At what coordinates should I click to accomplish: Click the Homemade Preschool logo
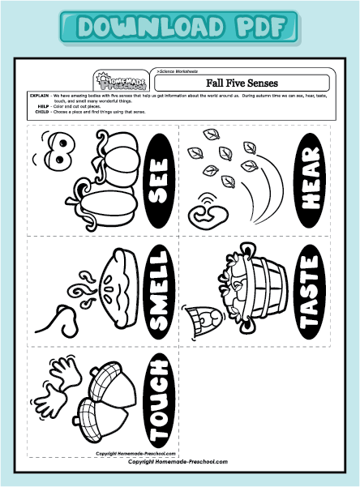113,79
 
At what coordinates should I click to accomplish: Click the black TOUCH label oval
160,396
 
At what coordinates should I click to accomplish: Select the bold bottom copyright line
178,461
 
